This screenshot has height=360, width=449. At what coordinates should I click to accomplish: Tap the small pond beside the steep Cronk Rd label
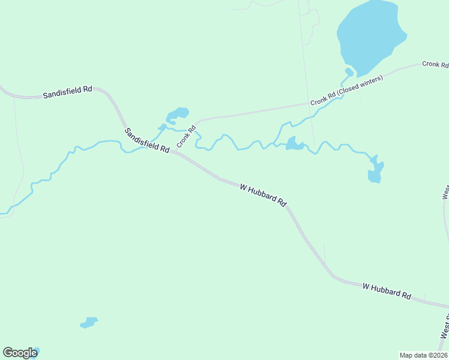tap(178, 114)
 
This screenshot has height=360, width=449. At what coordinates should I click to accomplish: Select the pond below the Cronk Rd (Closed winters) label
tap(294, 144)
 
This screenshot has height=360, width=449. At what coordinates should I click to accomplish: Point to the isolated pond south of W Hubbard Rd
tap(89, 323)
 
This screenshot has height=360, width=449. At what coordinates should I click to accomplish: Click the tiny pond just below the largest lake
tap(349, 73)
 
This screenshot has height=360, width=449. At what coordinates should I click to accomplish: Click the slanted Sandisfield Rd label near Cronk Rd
tap(147, 140)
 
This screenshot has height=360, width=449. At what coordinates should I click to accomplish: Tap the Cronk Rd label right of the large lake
tap(435, 64)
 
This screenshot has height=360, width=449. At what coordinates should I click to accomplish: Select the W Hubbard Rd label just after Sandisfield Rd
tap(263, 195)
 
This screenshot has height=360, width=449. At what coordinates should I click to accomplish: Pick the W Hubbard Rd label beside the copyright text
tap(387, 291)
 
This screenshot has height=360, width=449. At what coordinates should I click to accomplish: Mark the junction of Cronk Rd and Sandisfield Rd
tap(170, 151)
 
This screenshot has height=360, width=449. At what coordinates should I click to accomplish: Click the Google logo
tap(20, 353)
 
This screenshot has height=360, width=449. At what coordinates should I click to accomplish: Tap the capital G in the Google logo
tap(7, 353)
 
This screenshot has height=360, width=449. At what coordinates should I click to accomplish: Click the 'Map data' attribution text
tap(414, 355)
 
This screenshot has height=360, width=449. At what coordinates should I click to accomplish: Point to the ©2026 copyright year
tap(437, 355)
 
